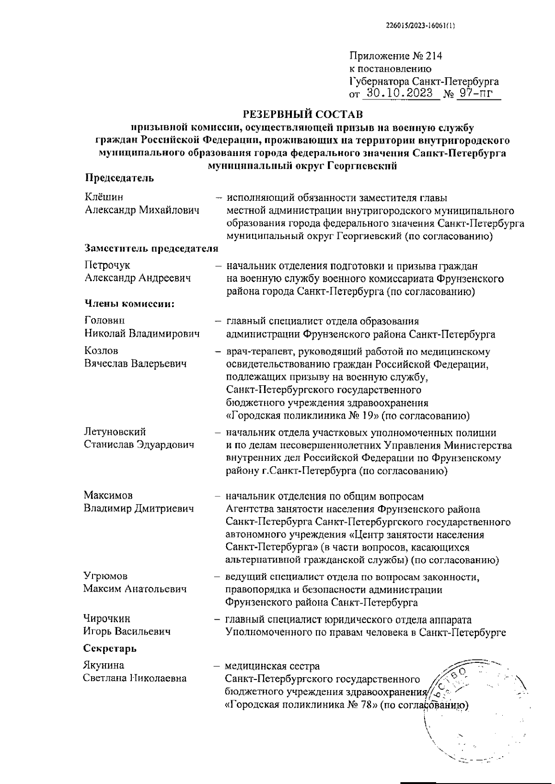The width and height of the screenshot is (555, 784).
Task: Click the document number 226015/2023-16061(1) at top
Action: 420,26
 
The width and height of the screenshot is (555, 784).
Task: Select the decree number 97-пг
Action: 472,94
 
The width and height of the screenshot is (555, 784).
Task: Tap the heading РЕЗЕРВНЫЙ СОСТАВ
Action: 303,113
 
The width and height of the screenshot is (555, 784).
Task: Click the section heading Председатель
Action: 119,178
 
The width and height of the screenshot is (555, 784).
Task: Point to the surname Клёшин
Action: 104,198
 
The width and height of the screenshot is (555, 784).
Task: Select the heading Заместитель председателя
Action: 151,249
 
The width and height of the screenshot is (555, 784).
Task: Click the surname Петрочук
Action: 107,265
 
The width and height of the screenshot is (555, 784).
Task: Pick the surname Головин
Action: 105,320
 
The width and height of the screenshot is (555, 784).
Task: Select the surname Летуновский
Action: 115,432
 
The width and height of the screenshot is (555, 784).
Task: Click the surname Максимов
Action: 108,495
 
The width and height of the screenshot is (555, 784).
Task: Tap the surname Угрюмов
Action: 105,576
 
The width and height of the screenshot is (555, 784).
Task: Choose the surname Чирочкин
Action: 107,619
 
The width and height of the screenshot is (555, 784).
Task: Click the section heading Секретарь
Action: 110,648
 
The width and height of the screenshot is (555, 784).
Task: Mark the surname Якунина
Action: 104,666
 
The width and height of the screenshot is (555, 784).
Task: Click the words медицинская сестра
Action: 272,667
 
